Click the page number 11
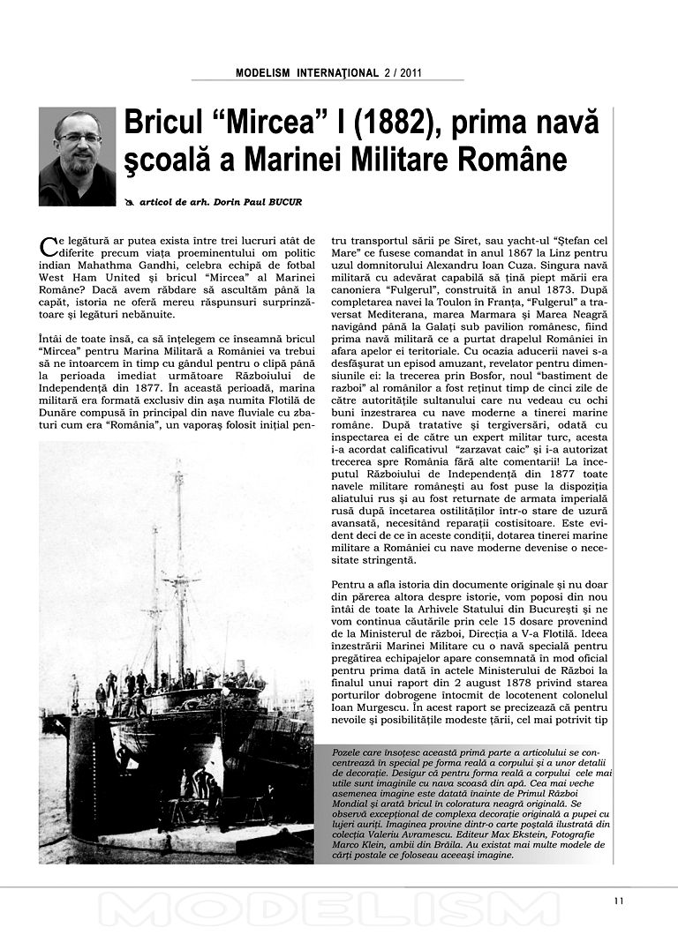(x=618, y=901)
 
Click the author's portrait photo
(x=77, y=156)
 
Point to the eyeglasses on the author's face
(x=79, y=138)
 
